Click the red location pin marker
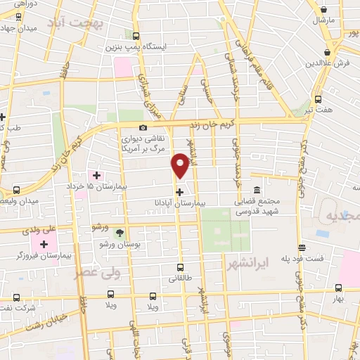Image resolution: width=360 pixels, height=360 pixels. tap(181, 165)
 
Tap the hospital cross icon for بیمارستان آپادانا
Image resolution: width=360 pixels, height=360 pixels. tap(180, 191)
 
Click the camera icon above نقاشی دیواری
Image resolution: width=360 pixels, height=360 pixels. tap(143, 128)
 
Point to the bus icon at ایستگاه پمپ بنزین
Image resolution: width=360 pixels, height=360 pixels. tap(136, 36)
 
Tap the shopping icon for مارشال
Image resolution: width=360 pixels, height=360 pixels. tap(323, 9)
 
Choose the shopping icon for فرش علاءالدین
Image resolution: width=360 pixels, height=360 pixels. tap(328, 52)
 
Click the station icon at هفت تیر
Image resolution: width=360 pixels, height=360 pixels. tap(318, 99)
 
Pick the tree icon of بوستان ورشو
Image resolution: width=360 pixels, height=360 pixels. tap(119, 233)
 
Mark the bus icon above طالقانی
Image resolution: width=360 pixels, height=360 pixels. tap(180, 267)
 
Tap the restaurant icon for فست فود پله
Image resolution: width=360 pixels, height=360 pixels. tap(302, 247)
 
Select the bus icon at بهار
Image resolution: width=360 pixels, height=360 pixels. tap(338, 288)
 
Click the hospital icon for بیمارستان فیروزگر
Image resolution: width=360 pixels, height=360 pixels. tap(44, 244)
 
